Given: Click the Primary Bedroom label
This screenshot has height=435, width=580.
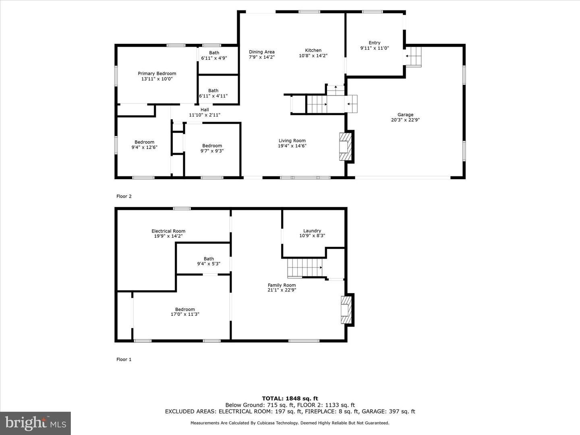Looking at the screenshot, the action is (x=157, y=73).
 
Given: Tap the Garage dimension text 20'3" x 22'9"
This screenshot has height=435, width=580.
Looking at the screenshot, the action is (x=405, y=120).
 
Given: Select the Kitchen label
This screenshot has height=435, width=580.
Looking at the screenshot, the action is (x=313, y=50).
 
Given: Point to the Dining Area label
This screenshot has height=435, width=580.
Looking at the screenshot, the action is (x=261, y=52).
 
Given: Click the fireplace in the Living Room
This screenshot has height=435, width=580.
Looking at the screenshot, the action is (x=346, y=146).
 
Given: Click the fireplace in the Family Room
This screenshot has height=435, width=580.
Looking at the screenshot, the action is (x=346, y=310).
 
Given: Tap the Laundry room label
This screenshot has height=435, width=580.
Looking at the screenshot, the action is (x=312, y=231).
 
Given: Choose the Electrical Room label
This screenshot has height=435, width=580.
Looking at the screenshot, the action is (x=168, y=231).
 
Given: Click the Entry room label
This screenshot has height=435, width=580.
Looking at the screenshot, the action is (x=375, y=43).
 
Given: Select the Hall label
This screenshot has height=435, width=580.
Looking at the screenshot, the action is (x=205, y=110).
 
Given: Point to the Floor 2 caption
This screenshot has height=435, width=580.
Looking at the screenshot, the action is (x=124, y=196).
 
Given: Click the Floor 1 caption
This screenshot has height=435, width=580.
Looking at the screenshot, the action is (x=124, y=359).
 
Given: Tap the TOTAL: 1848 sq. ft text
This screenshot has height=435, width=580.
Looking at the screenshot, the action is (x=290, y=399).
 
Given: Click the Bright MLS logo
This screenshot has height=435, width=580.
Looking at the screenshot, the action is (x=35, y=423).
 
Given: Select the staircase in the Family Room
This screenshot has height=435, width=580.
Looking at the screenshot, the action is (x=305, y=268).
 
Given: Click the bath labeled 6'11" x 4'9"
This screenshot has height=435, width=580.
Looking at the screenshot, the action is (x=214, y=56).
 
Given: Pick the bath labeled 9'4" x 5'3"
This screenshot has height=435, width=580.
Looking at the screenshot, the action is (x=209, y=261).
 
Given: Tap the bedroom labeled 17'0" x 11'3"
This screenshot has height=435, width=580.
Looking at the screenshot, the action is (x=185, y=312).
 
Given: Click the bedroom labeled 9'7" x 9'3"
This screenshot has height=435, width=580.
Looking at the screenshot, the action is (x=212, y=148).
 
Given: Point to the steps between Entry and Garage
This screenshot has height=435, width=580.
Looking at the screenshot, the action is (x=414, y=57).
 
